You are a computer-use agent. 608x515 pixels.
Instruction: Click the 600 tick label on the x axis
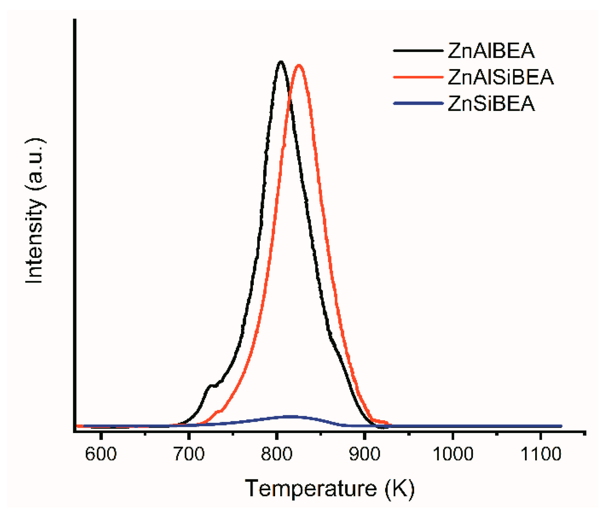point(101,454)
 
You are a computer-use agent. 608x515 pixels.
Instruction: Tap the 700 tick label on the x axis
point(189,454)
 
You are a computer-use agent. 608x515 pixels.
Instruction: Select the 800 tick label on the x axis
point(277,454)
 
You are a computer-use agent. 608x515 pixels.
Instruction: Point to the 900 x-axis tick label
point(364,454)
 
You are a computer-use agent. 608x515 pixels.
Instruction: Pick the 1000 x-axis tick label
point(452,454)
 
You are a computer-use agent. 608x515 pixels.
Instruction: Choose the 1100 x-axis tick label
point(540,454)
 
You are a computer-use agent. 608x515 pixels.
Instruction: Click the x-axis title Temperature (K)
point(329,488)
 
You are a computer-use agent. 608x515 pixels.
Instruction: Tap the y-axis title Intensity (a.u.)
point(35,210)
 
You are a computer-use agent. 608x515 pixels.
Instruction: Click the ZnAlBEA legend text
point(491,51)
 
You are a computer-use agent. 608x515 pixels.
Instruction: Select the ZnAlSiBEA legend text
point(500,77)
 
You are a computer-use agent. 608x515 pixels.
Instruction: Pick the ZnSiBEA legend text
point(491,104)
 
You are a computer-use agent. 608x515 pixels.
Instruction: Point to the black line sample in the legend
point(418,51)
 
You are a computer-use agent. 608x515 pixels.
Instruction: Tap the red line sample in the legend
point(418,77)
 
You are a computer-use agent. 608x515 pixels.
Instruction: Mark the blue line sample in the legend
point(418,103)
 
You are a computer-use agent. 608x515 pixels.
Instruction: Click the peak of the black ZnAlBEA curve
point(281,62)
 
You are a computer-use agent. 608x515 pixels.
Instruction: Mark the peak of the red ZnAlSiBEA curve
point(299,65)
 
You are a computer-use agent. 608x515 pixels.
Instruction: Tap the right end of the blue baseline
point(561,426)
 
